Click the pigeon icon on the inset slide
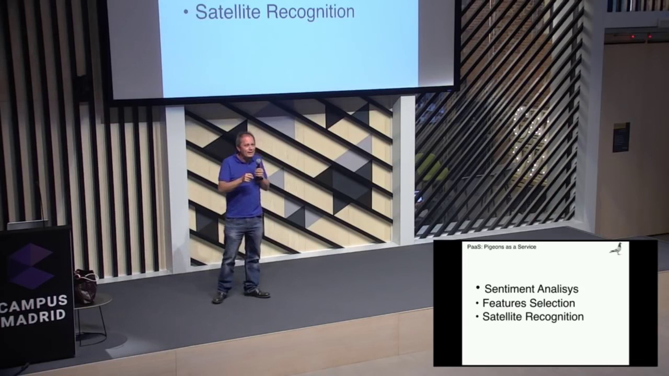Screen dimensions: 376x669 617,249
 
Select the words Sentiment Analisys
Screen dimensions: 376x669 531,289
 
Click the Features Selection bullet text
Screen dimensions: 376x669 528,303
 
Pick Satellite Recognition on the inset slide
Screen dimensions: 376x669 533,316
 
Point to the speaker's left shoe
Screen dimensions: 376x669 257,293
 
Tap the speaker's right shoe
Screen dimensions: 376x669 220,298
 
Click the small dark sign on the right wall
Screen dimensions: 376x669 621,137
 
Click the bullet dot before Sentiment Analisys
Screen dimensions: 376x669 478,288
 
